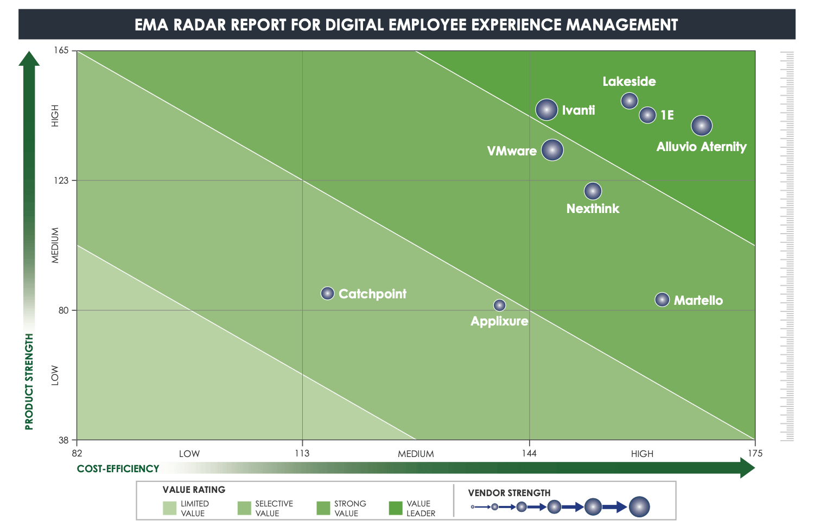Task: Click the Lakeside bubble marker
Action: click(629, 101)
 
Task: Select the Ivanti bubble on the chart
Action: click(546, 110)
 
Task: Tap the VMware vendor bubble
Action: click(552, 150)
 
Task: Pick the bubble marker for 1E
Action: click(647, 115)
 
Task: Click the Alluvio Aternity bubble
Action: click(702, 126)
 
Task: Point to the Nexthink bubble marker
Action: click(593, 191)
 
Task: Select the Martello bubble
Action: click(662, 299)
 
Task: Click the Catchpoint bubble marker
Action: click(327, 293)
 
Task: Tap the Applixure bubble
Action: click(499, 305)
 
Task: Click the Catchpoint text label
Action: click(372, 294)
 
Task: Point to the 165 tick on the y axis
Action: click(61, 51)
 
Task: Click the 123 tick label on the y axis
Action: click(61, 180)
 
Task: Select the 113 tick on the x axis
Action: click(302, 453)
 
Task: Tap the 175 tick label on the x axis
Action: click(754, 453)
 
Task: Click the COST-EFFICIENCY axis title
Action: click(118, 468)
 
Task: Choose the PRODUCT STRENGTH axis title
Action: click(29, 381)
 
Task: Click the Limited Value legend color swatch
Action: click(169, 508)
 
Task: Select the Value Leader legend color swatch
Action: click(396, 508)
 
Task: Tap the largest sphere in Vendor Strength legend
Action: click(639, 507)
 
